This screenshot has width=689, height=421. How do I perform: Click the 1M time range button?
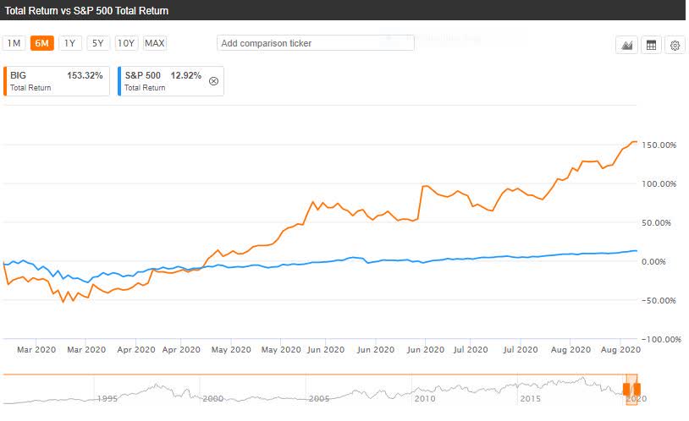(x=14, y=43)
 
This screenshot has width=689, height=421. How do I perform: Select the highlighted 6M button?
(x=41, y=43)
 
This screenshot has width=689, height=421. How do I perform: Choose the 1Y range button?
(x=69, y=43)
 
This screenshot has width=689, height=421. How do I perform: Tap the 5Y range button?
(x=97, y=43)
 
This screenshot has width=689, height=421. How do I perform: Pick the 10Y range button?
(x=126, y=43)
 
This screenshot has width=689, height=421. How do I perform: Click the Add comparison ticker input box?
(x=315, y=43)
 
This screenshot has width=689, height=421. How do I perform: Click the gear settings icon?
(x=675, y=46)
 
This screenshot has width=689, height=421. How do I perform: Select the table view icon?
(x=651, y=46)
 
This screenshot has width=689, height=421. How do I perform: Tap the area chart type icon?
(x=627, y=46)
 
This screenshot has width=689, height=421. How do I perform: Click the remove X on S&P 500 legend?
(x=212, y=81)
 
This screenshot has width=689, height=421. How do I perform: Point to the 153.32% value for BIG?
(x=85, y=76)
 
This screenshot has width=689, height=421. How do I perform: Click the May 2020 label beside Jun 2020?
(x=281, y=348)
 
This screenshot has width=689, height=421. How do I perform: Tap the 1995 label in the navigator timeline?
(x=107, y=398)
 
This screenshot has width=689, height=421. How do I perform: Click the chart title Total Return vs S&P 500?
(x=87, y=11)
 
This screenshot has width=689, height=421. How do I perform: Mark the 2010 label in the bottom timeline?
(x=424, y=398)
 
